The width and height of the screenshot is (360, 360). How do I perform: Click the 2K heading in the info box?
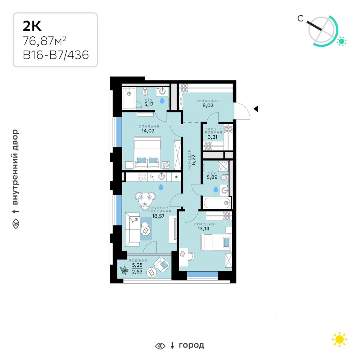coord(32,26)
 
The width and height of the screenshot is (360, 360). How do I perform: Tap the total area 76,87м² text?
coord(44,41)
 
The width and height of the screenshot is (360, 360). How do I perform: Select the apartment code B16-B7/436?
coord(56,55)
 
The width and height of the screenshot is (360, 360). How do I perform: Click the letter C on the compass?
coord(300,18)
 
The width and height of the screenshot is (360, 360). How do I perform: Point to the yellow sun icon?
coord(339,339)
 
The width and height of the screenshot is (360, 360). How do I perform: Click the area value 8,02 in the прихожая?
coord(208,105)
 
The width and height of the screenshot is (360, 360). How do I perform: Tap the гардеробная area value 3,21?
coord(212,137)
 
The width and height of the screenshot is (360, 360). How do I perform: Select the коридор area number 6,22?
coord(193,160)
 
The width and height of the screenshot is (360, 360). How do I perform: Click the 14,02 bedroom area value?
coord(148,131)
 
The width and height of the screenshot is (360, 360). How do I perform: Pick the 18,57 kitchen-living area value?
coord(158,216)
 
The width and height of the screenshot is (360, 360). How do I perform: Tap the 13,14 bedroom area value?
coord(203,228)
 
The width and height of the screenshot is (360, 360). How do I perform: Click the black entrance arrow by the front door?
coord(256,109)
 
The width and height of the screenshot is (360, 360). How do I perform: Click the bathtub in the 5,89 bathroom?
coord(217,203)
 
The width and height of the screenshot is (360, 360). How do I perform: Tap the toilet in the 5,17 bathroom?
coord(144,91)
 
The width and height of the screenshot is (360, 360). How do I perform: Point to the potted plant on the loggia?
coord(124,270)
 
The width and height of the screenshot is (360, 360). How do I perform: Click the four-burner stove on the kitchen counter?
coord(142,177)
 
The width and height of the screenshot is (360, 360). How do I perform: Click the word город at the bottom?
coord(192,345)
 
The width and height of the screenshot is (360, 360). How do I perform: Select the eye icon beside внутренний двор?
coord(16,223)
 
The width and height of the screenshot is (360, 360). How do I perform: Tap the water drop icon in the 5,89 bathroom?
coord(216,189)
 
